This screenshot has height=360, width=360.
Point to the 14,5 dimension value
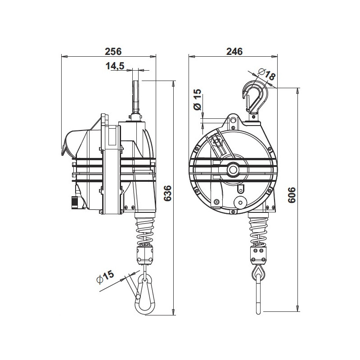tap(115, 66)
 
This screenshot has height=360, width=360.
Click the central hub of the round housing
tap(233, 169)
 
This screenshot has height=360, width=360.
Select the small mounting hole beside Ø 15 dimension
tap(233, 120)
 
